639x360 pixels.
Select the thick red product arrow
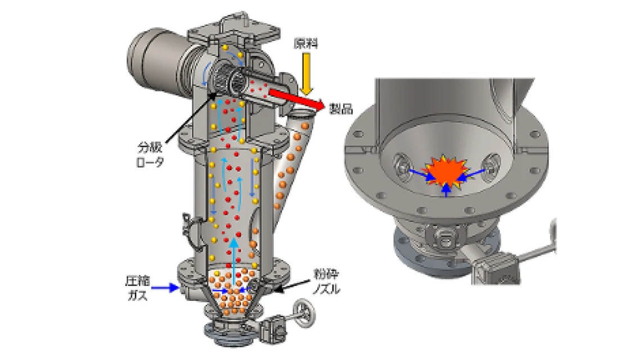pos(296,97)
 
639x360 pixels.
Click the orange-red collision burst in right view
pos(445,170)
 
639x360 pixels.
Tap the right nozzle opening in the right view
pos(492,163)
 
